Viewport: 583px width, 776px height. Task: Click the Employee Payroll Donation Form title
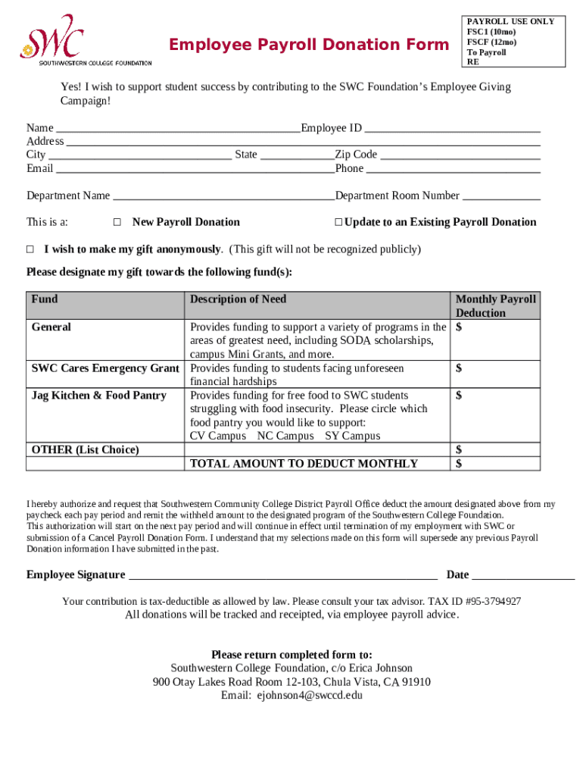pyautogui.click(x=309, y=45)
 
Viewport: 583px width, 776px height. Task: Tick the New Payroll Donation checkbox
pyautogui.click(x=117, y=223)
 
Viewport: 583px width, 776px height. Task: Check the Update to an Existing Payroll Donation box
pyautogui.click(x=338, y=223)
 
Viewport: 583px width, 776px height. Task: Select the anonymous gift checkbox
pyautogui.click(x=31, y=249)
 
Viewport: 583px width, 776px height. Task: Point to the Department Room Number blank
pyautogui.click(x=501, y=197)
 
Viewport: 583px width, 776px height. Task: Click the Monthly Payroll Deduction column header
pyautogui.click(x=495, y=305)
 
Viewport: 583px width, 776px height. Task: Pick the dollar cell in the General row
pyautogui.click(x=496, y=328)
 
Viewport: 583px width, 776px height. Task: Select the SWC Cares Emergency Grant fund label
pyautogui.click(x=105, y=368)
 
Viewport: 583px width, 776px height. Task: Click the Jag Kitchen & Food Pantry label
pyautogui.click(x=99, y=396)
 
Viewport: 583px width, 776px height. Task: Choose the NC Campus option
pyautogui.click(x=285, y=436)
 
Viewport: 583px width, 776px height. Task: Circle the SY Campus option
pyautogui.click(x=353, y=436)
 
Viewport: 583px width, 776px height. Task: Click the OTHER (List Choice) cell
pyautogui.click(x=86, y=449)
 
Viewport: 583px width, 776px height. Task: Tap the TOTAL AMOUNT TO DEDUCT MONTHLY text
pyautogui.click(x=304, y=463)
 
